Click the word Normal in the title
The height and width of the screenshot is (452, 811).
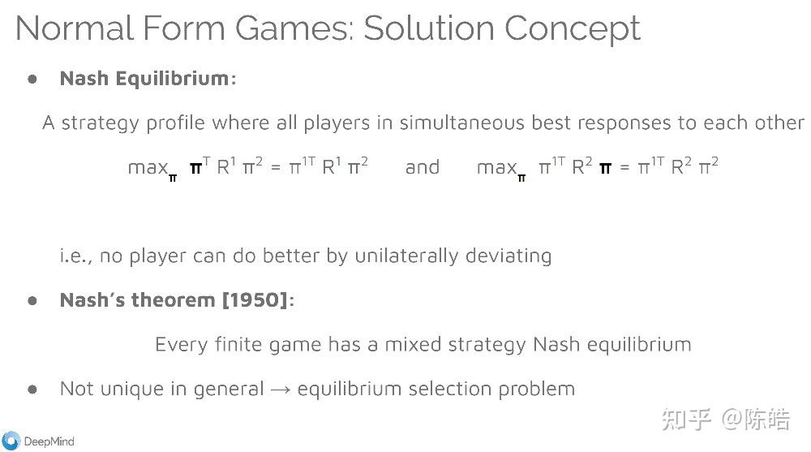pos(75,28)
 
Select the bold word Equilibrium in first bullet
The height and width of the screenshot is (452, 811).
pos(172,78)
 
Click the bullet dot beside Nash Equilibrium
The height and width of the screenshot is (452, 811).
pos(32,79)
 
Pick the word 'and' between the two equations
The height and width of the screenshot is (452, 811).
pos(422,166)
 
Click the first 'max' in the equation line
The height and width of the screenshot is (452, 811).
pos(148,168)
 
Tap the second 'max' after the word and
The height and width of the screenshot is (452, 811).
pos(496,168)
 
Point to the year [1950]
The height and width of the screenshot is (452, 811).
pos(255,299)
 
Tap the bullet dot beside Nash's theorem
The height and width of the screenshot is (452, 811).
pos(32,300)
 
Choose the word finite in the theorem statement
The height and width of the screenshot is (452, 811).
pos(238,344)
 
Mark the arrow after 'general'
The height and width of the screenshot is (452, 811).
pos(281,390)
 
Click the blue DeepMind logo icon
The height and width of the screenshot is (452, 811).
pos(11,441)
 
